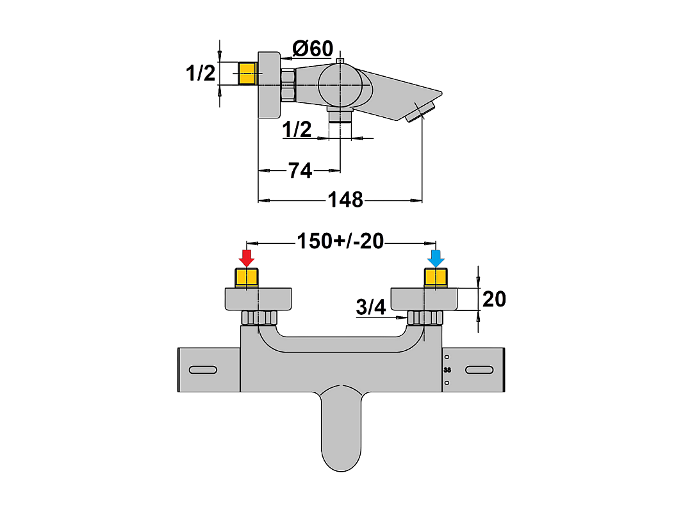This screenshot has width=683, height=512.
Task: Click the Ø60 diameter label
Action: click(x=313, y=48)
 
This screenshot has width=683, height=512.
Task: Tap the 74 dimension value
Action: click(x=300, y=170)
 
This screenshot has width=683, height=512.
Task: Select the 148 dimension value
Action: click(x=345, y=200)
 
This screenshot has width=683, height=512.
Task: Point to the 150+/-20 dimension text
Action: click(x=340, y=241)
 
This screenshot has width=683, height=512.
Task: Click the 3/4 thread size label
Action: click(x=371, y=307)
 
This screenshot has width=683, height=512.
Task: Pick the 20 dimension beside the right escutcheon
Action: click(x=494, y=300)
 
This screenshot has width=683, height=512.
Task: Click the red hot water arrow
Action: click(x=247, y=259)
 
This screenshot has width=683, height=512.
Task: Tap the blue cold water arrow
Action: click(x=436, y=259)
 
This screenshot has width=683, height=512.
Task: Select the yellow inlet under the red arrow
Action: click(x=247, y=278)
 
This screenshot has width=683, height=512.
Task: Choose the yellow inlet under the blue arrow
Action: click(x=436, y=278)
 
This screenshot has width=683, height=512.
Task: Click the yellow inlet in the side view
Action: click(x=249, y=73)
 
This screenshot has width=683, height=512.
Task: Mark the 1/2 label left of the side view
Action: click(x=201, y=73)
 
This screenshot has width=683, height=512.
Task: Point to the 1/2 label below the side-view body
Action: click(x=297, y=129)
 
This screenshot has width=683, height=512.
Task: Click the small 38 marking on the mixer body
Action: click(x=447, y=370)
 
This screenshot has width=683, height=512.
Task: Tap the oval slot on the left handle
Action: click(x=203, y=370)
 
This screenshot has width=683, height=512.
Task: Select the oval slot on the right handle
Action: click(x=479, y=370)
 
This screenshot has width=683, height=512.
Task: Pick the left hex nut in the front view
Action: click(x=259, y=317)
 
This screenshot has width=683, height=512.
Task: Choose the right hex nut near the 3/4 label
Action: click(x=425, y=317)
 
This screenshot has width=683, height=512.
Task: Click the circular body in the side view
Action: click(x=340, y=85)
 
